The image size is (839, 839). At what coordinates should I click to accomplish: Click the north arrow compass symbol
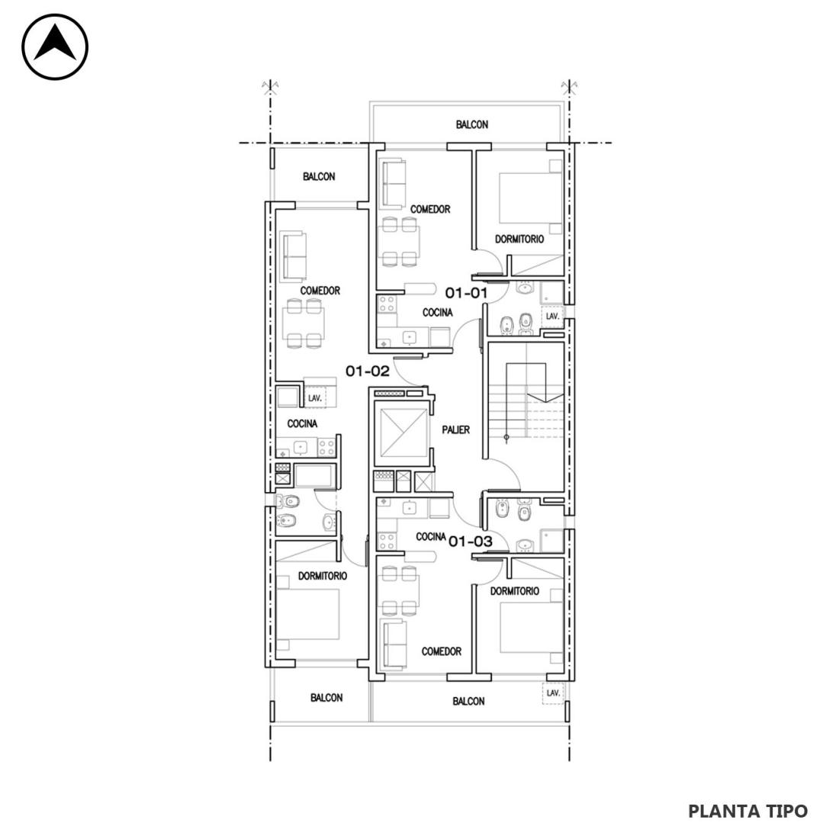click(x=55, y=47)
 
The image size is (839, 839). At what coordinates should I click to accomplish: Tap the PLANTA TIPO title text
click(x=747, y=811)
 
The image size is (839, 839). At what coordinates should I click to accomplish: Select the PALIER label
click(x=456, y=429)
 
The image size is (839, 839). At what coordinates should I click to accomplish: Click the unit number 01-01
click(x=467, y=293)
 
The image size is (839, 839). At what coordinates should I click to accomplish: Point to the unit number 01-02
click(x=367, y=371)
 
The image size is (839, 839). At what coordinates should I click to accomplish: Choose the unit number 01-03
click(x=471, y=542)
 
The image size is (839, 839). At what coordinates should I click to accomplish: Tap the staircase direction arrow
click(x=545, y=397)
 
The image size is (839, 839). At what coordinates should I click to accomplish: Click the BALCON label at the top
click(x=472, y=124)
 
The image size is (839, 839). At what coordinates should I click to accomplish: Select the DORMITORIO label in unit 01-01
click(x=519, y=239)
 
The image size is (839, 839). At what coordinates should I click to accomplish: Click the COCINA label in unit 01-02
click(x=302, y=424)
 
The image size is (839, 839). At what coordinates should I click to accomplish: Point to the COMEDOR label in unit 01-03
click(x=442, y=651)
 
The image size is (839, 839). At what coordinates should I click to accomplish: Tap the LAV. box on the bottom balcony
click(x=553, y=693)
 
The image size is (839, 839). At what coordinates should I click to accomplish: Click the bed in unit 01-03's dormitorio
click(x=531, y=626)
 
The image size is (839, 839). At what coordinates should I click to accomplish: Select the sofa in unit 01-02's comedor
click(x=293, y=256)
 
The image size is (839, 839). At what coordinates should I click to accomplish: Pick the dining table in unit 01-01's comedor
click(x=399, y=242)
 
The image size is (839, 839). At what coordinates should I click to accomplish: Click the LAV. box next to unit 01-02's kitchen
click(x=315, y=398)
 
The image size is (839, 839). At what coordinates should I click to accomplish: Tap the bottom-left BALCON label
click(x=326, y=698)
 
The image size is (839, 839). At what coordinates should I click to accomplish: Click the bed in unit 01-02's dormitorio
click(x=308, y=614)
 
